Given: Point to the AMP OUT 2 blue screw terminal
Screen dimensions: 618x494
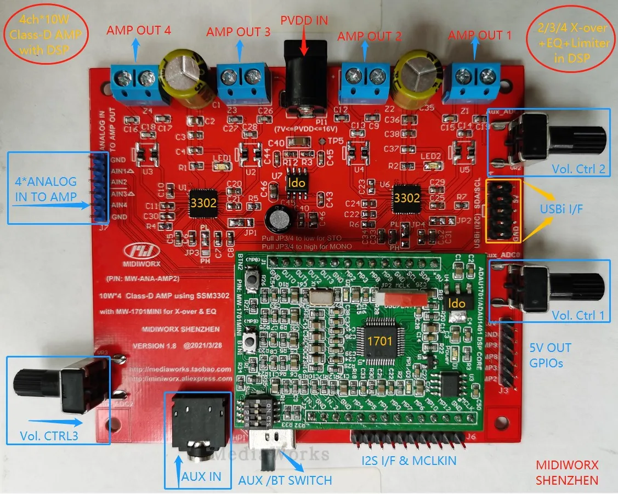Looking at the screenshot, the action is [x=366, y=84].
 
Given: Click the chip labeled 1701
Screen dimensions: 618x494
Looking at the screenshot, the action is [x=379, y=340].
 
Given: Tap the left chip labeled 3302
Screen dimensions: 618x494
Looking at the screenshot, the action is [x=203, y=203].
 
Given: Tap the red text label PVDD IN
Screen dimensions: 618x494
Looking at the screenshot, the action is [x=304, y=21].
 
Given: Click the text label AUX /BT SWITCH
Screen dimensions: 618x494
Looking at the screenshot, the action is [x=285, y=480].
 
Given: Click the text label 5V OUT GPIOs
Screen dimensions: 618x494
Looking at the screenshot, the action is [x=550, y=355].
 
